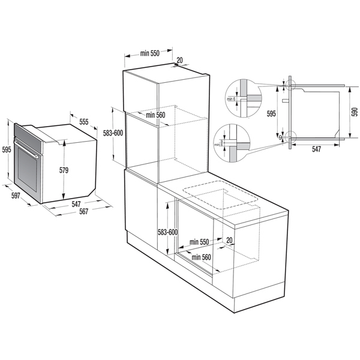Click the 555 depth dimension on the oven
pos(83,121)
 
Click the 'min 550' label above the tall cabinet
pos(149,53)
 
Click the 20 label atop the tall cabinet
pos(181,61)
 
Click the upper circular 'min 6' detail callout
pos(238,95)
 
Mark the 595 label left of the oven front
pos(6,149)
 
